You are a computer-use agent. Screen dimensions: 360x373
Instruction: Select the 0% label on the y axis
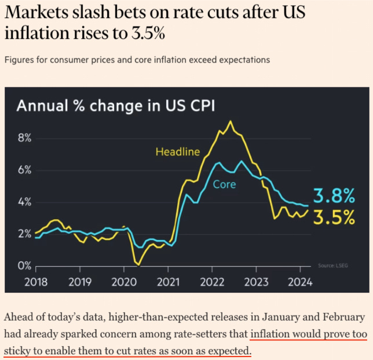point(23,266)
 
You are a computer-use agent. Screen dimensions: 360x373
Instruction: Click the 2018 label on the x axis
point(36,283)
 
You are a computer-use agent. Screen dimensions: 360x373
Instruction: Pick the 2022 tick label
point(212,283)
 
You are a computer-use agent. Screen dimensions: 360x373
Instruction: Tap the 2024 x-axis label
point(300,283)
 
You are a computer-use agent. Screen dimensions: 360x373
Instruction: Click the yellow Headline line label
point(177,152)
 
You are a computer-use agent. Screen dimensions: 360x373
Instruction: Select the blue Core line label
point(224,184)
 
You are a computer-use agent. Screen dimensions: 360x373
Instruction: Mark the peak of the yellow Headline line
point(231,121)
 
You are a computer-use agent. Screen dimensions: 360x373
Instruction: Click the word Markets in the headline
point(34,13)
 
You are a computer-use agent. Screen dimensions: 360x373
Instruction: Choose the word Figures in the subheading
point(17,59)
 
